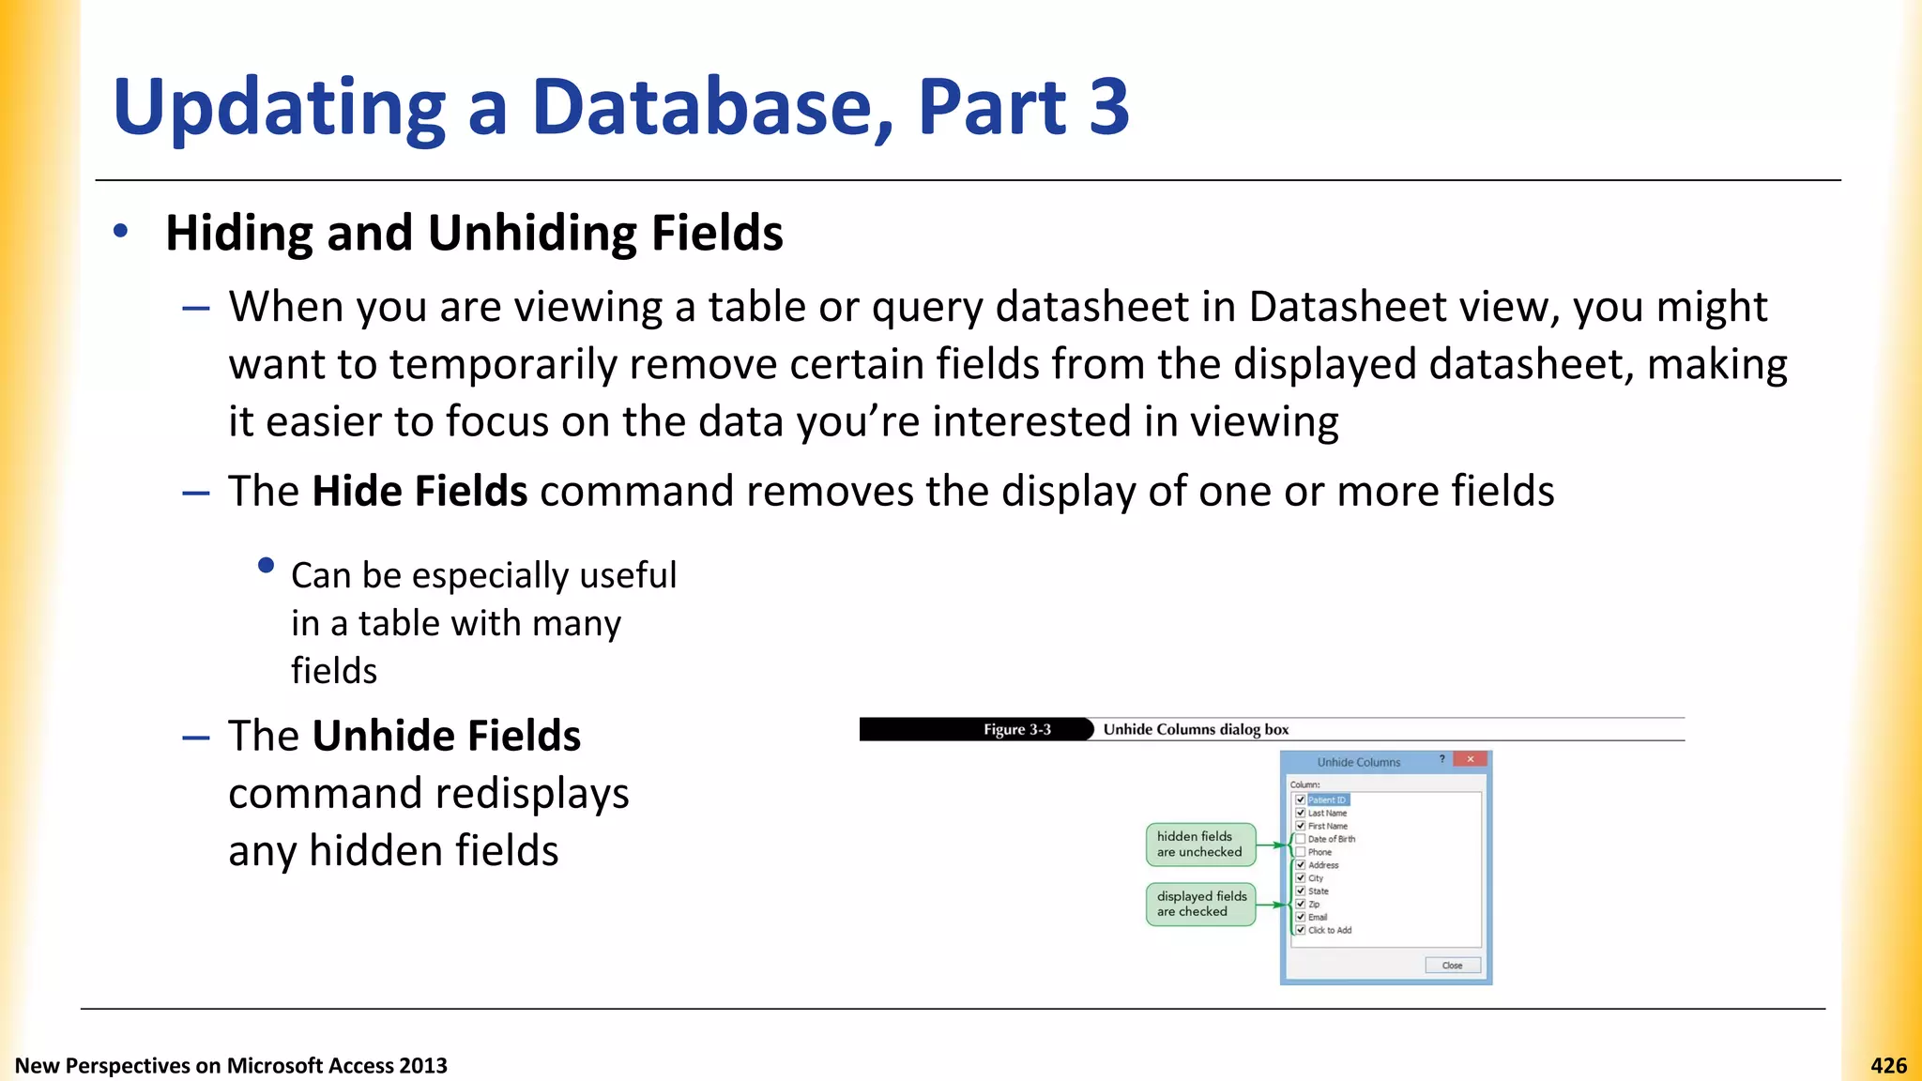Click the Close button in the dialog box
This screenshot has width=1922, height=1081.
pyautogui.click(x=1452, y=965)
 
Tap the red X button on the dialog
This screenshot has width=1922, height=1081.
pyautogui.click(x=1470, y=759)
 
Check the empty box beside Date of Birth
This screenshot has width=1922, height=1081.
pyautogui.click(x=1301, y=839)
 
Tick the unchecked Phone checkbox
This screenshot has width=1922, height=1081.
pyautogui.click(x=1301, y=852)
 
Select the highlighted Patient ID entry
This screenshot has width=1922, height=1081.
pyautogui.click(x=1327, y=799)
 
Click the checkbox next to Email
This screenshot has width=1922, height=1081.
pyautogui.click(x=1301, y=917)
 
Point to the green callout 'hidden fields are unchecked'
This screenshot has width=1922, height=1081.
pyautogui.click(x=1199, y=844)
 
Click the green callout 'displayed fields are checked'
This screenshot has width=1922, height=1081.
pyautogui.click(x=1200, y=904)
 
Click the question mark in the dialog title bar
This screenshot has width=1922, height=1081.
pyautogui.click(x=1442, y=759)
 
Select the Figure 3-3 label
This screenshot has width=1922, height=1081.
pyautogui.click(x=1016, y=729)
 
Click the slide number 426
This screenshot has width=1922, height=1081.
pyautogui.click(x=1888, y=1065)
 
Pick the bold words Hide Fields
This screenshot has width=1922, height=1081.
pyautogui.click(x=419, y=491)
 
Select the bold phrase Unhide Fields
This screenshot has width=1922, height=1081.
pyautogui.click(x=446, y=736)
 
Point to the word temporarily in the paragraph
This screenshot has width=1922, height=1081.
pyautogui.click(x=503, y=364)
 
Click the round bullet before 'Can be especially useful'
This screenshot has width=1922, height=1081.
pyautogui.click(x=266, y=565)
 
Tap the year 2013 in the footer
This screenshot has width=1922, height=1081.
pyautogui.click(x=422, y=1065)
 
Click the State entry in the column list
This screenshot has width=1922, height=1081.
pyautogui.click(x=1319, y=891)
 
